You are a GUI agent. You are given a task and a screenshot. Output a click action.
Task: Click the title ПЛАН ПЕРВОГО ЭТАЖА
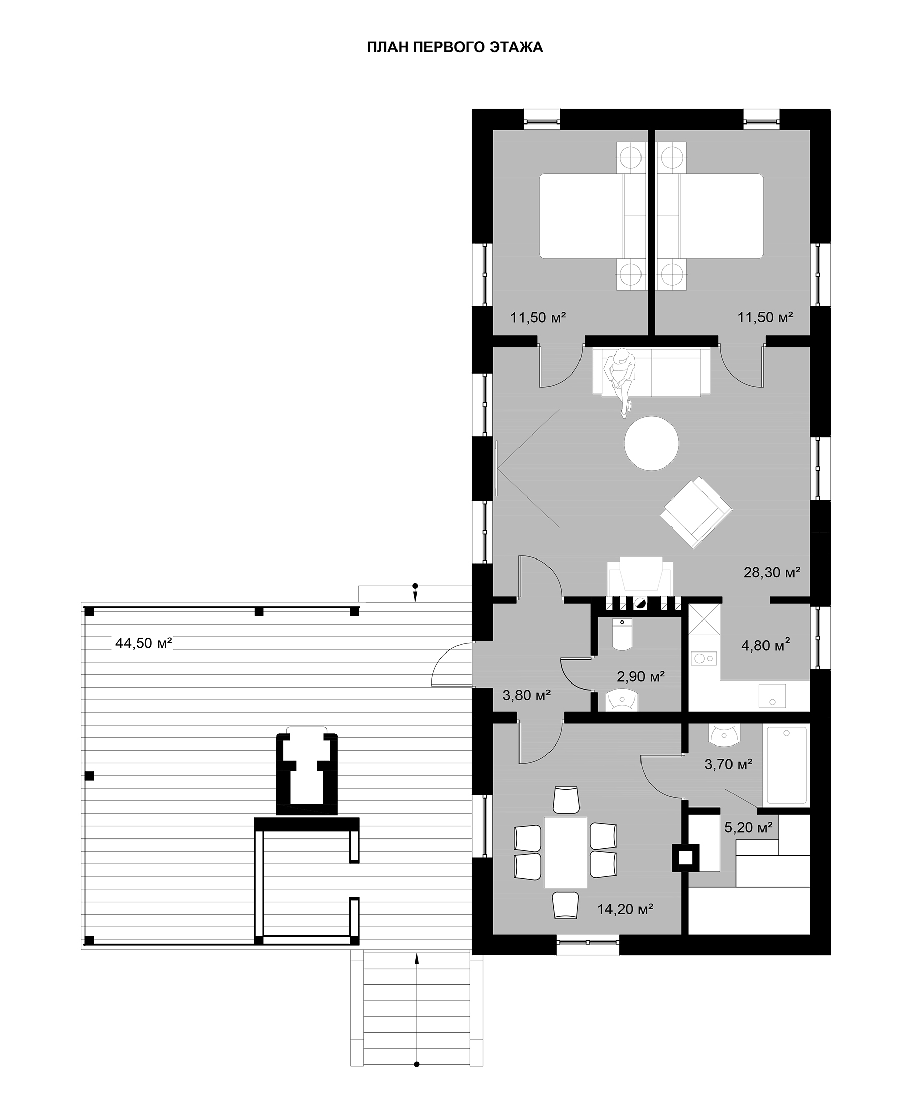(455, 47)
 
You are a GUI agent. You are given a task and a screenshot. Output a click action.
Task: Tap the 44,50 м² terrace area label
(144, 643)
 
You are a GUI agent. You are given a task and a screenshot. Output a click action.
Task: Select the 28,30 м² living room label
(772, 572)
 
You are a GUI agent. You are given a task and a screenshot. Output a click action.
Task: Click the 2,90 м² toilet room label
(641, 676)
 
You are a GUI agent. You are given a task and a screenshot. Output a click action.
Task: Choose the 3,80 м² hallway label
(527, 696)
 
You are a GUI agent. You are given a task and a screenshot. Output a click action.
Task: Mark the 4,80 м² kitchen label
(766, 645)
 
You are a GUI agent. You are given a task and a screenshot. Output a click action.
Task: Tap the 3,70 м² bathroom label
(728, 764)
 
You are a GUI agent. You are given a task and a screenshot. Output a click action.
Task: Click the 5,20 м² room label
(748, 827)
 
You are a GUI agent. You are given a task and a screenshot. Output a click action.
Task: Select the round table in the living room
(652, 443)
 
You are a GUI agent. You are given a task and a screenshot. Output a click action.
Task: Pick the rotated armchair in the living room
(696, 512)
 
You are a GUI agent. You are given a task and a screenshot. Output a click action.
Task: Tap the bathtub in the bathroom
(786, 765)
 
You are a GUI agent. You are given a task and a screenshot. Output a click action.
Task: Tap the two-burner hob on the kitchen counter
(705, 658)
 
